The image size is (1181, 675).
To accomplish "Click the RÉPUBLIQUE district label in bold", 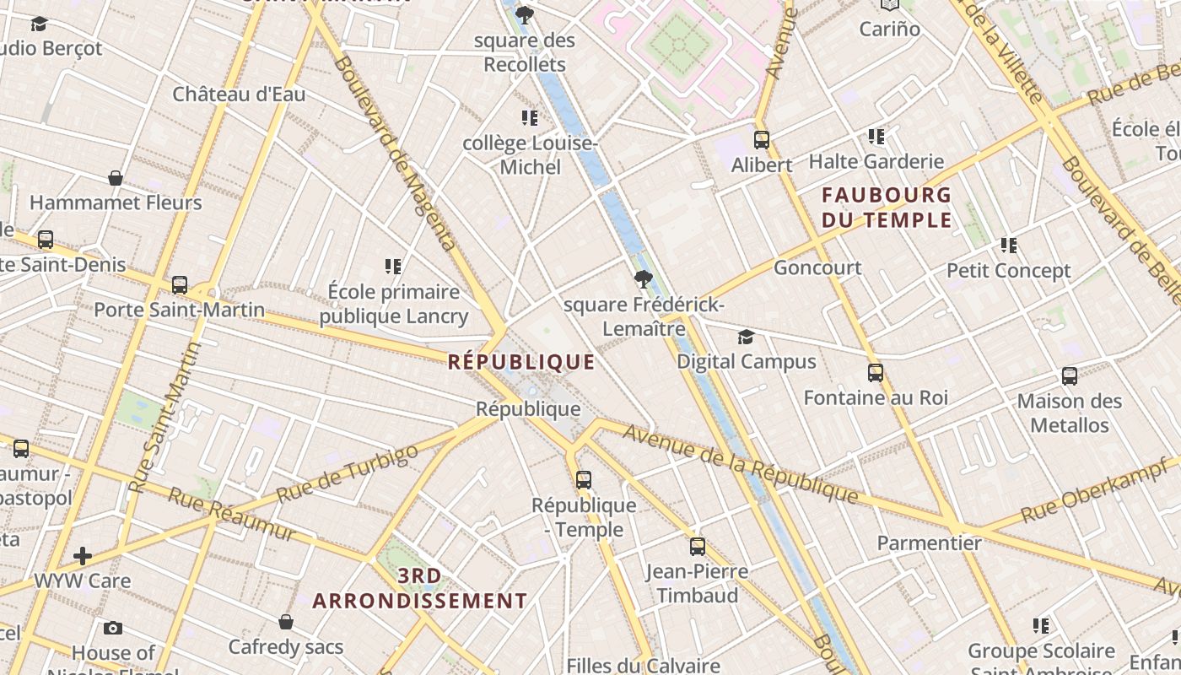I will (521, 362).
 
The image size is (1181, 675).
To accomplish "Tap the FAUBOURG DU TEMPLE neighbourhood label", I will (887, 208).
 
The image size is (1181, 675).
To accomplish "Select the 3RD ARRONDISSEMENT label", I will (420, 588).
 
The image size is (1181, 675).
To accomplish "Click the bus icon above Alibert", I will (762, 140).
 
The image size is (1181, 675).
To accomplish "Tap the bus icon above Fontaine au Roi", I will (876, 372).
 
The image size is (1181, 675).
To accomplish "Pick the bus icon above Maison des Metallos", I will (1070, 376).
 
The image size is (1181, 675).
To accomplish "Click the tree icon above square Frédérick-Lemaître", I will (644, 278).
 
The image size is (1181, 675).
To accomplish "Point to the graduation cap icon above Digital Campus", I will (746, 337).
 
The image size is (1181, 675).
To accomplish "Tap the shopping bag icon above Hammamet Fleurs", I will (116, 178).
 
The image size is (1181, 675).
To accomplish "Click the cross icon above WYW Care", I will (83, 555).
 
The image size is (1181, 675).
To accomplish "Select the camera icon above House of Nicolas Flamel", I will (113, 628).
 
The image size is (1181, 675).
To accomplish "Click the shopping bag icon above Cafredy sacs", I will (286, 622).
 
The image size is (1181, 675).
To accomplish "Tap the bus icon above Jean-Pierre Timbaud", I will (697, 546).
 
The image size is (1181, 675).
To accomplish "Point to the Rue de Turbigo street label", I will (347, 473).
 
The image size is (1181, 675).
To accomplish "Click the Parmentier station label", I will (929, 543).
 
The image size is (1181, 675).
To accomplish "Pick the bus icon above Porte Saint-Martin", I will (179, 285).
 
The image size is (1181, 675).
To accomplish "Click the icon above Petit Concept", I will (1008, 246).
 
